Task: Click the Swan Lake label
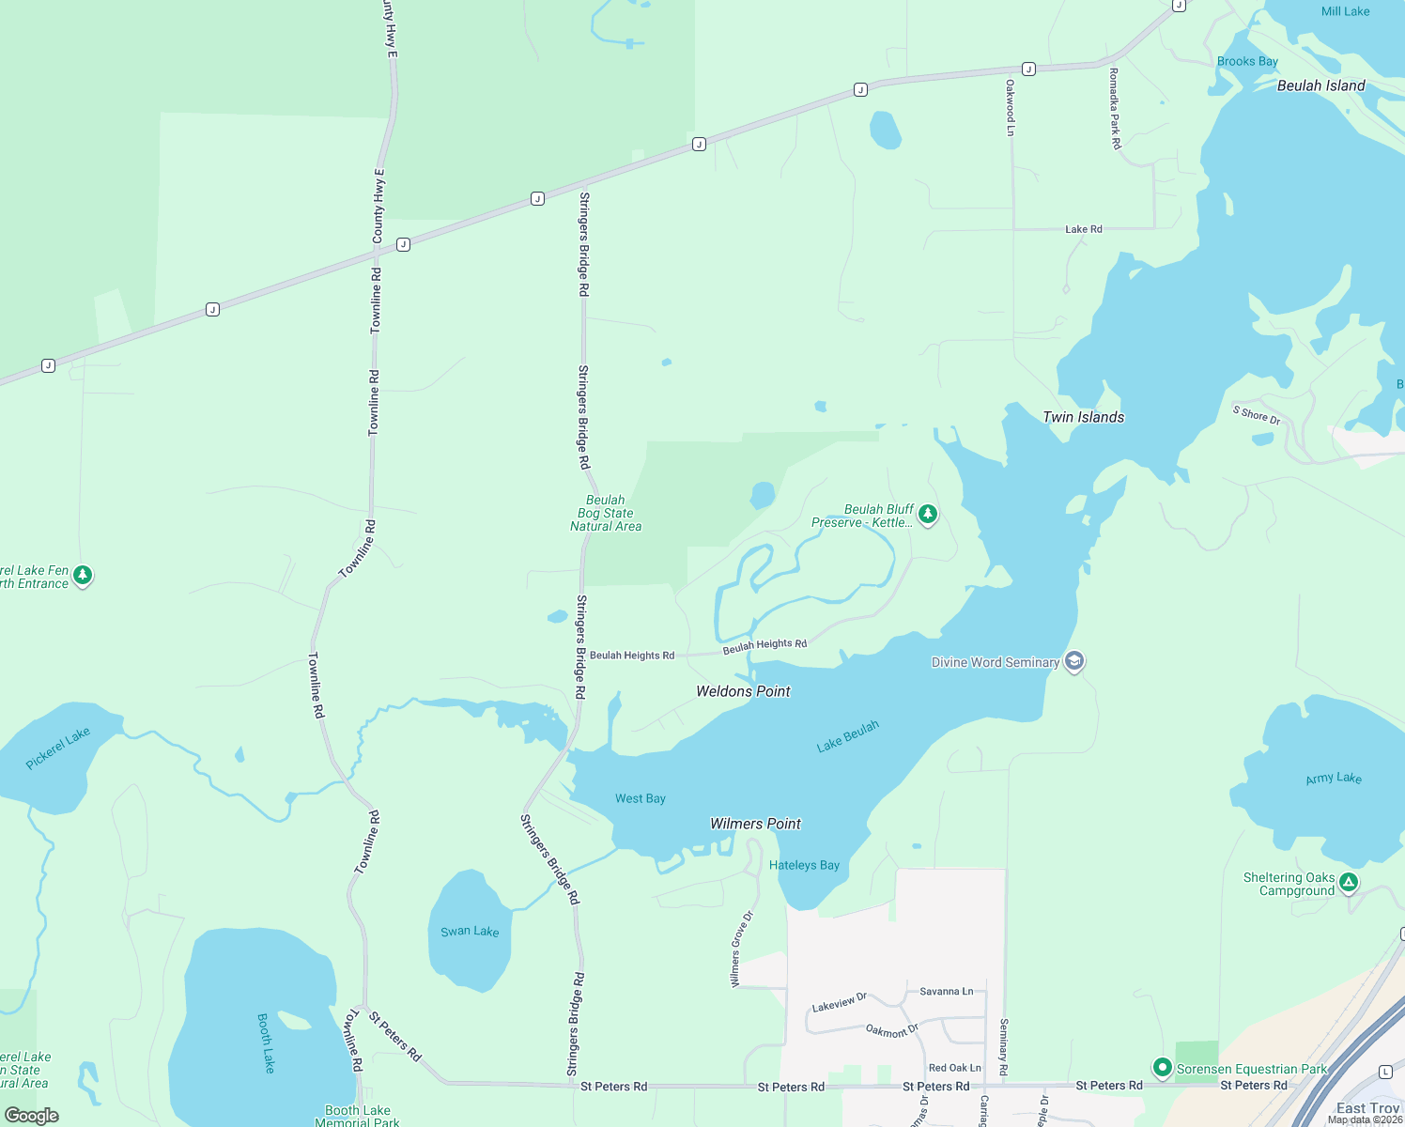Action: [470, 931]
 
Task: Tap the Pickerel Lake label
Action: [58, 748]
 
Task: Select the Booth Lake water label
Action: [267, 1042]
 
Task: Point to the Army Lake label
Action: [1334, 779]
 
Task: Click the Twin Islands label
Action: [1083, 417]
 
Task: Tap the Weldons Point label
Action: [743, 691]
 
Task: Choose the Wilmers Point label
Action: [755, 824]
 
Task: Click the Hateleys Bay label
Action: [804, 865]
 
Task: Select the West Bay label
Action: [641, 798]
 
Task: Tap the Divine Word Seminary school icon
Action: [1074, 661]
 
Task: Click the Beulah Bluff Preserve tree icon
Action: [928, 513]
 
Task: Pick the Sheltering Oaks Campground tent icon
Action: [1349, 882]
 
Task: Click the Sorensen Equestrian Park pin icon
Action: [1162, 1068]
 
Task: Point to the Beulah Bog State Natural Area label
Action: [606, 514]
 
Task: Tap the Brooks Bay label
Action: [1247, 61]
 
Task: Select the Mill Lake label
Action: [1345, 11]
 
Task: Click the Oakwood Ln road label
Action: [1011, 107]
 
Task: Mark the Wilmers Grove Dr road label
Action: [742, 949]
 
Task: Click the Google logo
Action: [32, 1116]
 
